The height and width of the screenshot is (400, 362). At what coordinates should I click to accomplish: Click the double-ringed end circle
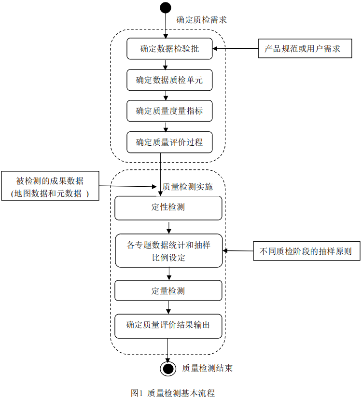coord(168,369)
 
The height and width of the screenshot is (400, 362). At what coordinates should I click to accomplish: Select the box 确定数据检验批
coord(169,49)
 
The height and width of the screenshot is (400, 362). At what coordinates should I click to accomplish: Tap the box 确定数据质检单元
coord(169,80)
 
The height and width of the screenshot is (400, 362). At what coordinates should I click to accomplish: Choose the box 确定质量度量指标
coord(169,111)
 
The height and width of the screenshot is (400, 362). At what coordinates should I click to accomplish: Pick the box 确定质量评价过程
coord(169,142)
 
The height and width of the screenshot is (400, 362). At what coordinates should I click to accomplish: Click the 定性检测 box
coord(168,208)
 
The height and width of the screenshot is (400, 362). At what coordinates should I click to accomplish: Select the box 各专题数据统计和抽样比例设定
coord(168,250)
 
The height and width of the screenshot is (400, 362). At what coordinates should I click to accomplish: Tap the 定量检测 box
coord(168,291)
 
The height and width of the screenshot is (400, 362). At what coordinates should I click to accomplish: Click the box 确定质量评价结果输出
coord(168,326)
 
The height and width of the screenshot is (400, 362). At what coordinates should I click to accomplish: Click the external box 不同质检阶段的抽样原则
coord(306,251)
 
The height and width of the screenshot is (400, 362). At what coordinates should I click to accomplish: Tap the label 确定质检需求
coord(201,20)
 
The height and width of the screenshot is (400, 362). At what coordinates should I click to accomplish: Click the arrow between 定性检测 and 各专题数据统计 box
coord(169,227)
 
